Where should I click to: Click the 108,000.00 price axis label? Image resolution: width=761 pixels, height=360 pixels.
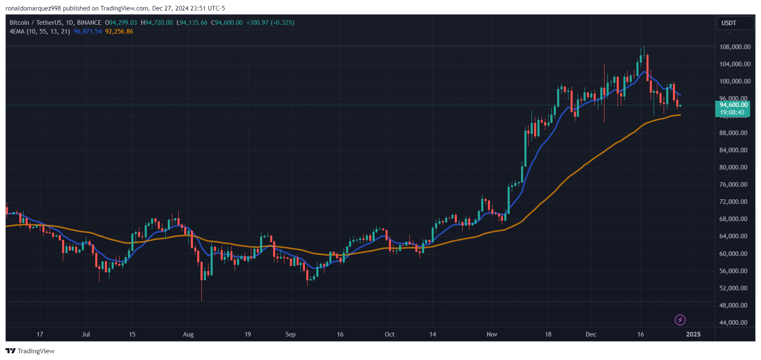click(x=735, y=47)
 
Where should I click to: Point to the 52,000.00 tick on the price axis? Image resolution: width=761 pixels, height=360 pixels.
click(x=733, y=288)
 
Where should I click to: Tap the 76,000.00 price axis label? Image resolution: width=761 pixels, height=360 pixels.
click(x=733, y=185)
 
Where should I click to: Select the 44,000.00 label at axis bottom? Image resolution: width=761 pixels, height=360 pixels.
click(x=733, y=323)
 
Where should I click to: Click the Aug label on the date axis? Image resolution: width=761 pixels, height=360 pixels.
click(x=188, y=334)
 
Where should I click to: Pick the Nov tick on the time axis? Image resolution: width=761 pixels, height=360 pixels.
click(x=492, y=334)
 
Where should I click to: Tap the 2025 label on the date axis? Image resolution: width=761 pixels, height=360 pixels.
click(x=693, y=334)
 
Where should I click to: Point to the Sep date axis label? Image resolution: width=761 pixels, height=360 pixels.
click(x=290, y=334)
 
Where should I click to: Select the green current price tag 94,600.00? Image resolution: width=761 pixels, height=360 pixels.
click(x=733, y=105)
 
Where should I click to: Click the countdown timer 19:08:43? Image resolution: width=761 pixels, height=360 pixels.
click(x=732, y=112)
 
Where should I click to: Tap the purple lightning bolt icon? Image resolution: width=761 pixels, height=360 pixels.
click(x=680, y=320)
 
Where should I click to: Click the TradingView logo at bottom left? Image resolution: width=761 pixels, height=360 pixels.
click(x=30, y=351)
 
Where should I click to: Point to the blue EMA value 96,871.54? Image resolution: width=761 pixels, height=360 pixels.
click(x=88, y=31)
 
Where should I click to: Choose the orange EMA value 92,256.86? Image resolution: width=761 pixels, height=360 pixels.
click(x=119, y=31)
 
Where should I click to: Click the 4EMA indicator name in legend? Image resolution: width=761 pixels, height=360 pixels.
click(x=17, y=31)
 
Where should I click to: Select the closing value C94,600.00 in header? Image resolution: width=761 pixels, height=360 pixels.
click(x=227, y=23)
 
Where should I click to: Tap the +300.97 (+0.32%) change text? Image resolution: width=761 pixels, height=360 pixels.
click(x=270, y=23)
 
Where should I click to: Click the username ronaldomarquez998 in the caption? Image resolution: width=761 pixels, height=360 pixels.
click(x=33, y=8)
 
